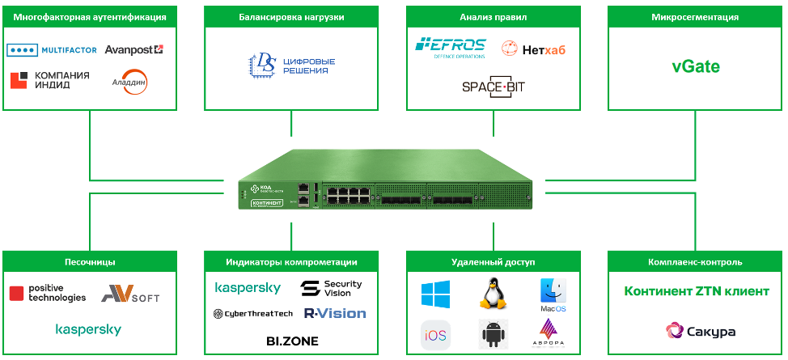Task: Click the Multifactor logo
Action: [x=51, y=50]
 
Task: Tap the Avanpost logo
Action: [x=133, y=50]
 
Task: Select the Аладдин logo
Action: [x=130, y=82]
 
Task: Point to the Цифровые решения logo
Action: [x=290, y=65]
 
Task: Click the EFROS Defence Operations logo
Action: [x=450, y=48]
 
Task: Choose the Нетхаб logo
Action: [x=533, y=50]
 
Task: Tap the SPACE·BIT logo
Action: [x=493, y=87]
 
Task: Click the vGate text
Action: [x=696, y=66]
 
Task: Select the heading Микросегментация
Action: [x=696, y=16]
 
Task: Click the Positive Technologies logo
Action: [x=48, y=293]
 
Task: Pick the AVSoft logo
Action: [x=129, y=295]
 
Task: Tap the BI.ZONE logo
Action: [x=292, y=341]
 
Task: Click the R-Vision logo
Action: [x=334, y=313]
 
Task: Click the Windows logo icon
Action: [x=435, y=294]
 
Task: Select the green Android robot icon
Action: [x=492, y=333]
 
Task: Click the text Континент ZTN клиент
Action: [x=696, y=291]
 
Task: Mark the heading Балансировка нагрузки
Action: [x=291, y=16]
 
